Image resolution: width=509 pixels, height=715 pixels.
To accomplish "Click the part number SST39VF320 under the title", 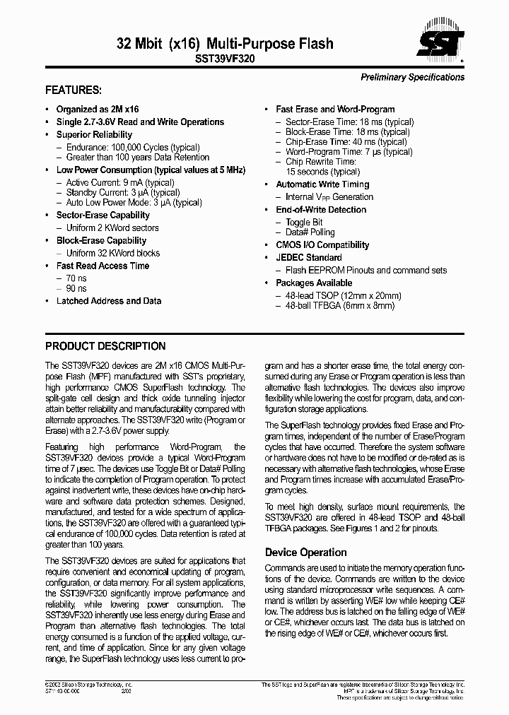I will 225,61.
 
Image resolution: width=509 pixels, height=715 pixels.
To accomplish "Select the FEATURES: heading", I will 74,90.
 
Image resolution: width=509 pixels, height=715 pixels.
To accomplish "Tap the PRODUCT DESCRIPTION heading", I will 105,346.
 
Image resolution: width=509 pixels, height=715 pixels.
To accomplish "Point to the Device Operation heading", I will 305,552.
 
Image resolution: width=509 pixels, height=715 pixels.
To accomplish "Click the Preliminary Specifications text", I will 412,77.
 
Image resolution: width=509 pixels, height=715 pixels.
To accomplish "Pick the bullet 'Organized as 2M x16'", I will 98,110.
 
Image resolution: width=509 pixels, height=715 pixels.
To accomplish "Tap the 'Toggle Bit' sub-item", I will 304,223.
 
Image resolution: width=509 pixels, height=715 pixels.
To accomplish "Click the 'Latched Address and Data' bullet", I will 109,301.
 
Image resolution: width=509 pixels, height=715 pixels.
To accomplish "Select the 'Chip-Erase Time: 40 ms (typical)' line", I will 346,142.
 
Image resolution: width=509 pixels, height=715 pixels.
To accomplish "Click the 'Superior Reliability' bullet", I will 94,134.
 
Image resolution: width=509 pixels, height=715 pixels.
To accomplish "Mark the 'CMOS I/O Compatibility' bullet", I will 322,245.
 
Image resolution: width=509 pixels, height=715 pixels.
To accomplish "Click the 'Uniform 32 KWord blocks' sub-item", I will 113,253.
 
